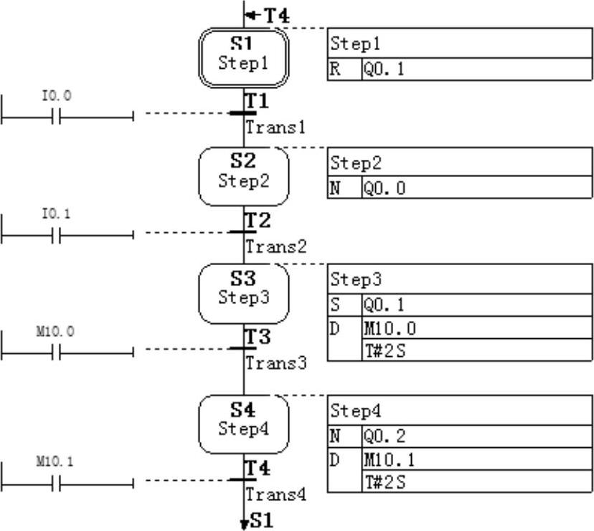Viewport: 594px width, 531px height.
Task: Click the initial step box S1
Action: (x=244, y=57)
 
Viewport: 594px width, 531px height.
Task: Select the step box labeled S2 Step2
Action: (x=244, y=176)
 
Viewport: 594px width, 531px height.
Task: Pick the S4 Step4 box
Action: (x=244, y=424)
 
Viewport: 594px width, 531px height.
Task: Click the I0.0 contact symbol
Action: (x=56, y=115)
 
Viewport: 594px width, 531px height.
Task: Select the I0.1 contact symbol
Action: (x=56, y=234)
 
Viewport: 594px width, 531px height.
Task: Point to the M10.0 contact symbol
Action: (x=56, y=351)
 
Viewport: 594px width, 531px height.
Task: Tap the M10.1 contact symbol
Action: (x=56, y=482)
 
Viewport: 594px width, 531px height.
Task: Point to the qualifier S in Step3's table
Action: (x=336, y=305)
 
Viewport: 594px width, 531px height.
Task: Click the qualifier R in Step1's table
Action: (x=336, y=70)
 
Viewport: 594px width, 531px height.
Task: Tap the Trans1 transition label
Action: (x=276, y=128)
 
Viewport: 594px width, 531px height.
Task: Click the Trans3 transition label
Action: (x=276, y=363)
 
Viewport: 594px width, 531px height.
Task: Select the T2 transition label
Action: (x=257, y=221)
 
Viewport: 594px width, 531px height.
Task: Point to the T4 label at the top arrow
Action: (x=276, y=15)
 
